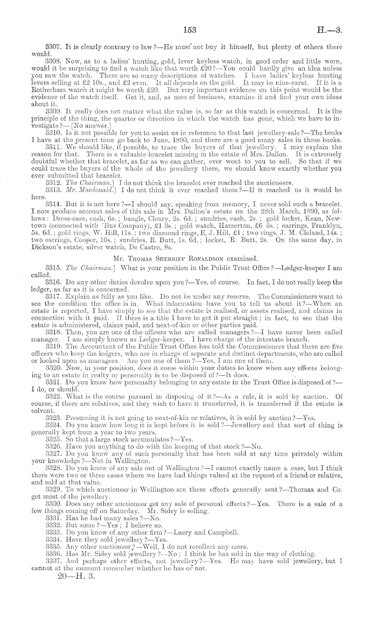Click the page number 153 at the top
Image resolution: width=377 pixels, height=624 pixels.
[x=191, y=15]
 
